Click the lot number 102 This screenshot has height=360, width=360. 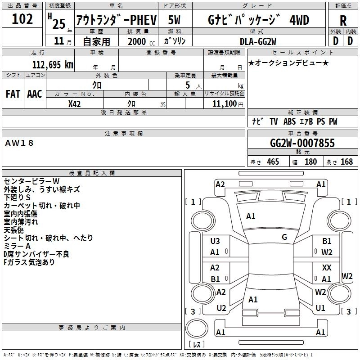(x=22, y=19)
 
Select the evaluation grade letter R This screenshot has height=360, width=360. (x=343, y=21)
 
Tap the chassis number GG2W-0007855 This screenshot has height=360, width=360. (x=302, y=144)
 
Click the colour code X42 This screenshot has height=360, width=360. (x=74, y=104)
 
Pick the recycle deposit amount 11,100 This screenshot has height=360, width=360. (x=223, y=104)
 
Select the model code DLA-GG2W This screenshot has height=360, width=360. (x=258, y=41)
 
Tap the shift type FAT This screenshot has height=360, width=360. (x=13, y=94)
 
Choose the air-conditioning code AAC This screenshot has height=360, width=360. (x=34, y=94)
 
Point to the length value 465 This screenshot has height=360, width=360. (x=273, y=162)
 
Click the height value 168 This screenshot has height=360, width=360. (x=346, y=162)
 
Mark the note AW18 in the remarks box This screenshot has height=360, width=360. (x=19, y=143)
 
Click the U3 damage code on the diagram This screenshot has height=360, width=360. (x=215, y=241)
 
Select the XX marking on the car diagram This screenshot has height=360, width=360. (x=327, y=268)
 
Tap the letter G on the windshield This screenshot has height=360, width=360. (x=284, y=237)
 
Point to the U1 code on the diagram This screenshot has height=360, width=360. (x=320, y=308)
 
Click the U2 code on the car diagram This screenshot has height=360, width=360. (x=221, y=308)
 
